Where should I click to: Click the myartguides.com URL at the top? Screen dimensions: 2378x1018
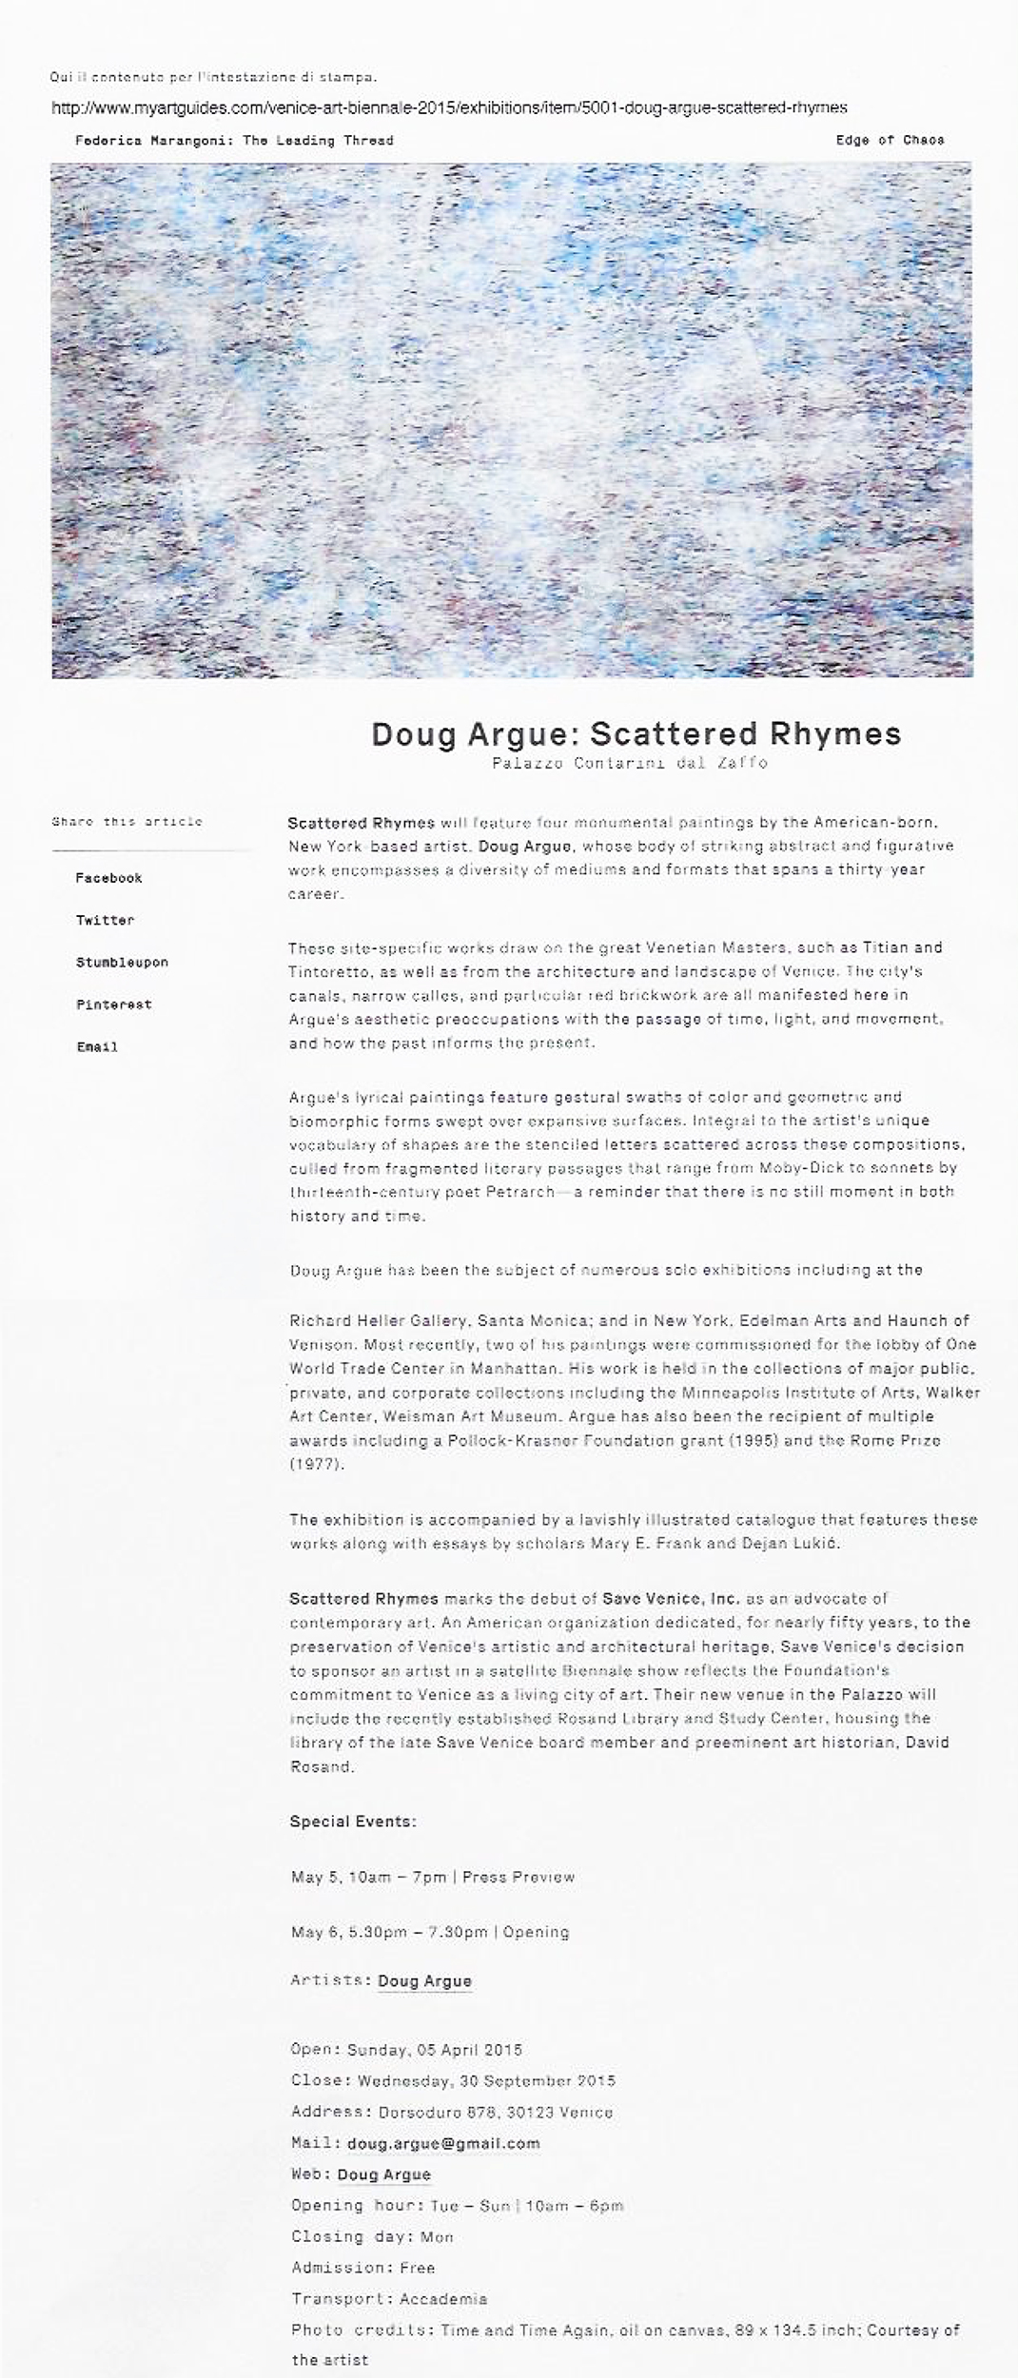[x=449, y=107]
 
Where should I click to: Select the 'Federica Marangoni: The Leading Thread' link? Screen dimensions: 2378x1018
[x=234, y=141]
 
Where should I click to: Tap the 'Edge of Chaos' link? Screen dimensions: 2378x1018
[x=890, y=140]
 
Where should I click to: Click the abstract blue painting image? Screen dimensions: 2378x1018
[x=512, y=420]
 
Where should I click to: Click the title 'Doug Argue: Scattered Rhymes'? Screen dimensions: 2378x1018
[x=636, y=734]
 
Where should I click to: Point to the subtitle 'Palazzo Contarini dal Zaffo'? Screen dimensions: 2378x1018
[x=630, y=763]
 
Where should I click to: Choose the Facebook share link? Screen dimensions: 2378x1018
[x=108, y=878]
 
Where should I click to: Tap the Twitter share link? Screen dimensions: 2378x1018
[x=105, y=920]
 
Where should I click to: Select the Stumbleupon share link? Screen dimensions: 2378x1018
[x=122, y=963]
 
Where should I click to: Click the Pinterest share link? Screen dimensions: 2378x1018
[x=113, y=1004]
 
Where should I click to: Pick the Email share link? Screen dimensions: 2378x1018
[x=97, y=1047]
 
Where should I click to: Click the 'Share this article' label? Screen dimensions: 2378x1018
[x=127, y=822]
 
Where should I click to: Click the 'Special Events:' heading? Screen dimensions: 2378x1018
[x=353, y=1822]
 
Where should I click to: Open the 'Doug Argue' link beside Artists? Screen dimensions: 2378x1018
[x=424, y=1980]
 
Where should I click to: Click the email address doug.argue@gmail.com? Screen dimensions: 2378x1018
[x=443, y=2143]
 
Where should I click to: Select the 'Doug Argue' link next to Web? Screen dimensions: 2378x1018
[x=383, y=2174]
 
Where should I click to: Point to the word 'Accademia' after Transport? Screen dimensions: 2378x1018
[x=443, y=2299]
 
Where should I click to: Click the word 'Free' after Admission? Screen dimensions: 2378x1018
[x=417, y=2268]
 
